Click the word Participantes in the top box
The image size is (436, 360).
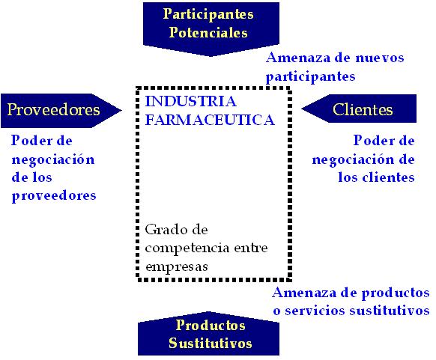point(208,14)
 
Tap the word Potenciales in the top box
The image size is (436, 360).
point(208,32)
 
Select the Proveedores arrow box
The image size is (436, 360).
point(61,111)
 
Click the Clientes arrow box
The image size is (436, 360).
point(359,109)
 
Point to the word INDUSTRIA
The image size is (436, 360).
point(191,101)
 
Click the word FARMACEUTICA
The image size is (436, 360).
point(210,120)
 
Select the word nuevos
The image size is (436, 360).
point(380,58)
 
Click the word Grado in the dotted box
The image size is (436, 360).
point(162,230)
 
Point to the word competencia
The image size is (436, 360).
point(187,248)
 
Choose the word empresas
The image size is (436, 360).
point(177,266)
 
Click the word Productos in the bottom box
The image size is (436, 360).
point(211,325)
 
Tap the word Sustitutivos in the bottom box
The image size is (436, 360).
point(211,343)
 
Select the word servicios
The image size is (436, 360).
point(315,311)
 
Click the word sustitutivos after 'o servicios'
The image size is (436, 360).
point(390,311)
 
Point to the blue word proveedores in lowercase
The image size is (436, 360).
point(54,196)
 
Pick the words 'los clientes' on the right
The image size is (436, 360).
point(376,177)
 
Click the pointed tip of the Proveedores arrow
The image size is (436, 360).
point(121,111)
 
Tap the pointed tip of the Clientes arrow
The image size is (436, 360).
point(302,109)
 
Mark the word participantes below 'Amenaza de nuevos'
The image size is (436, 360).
point(311,76)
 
